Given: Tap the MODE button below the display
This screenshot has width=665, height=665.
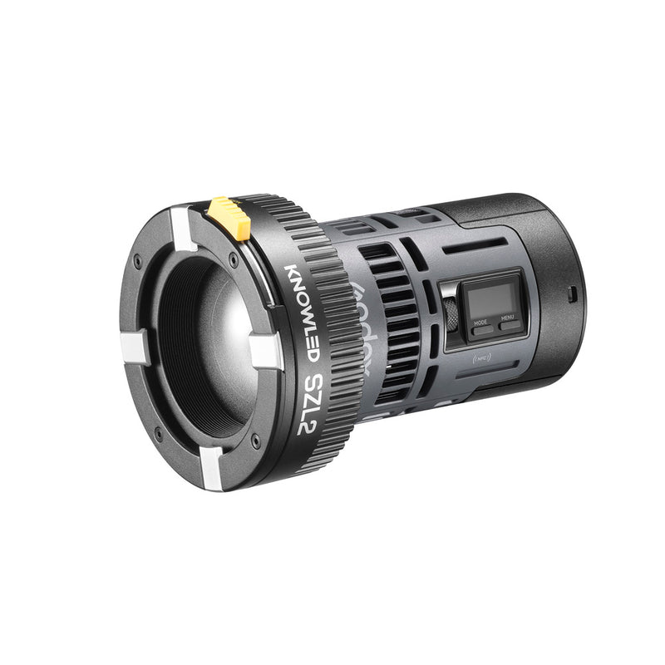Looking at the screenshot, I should tap(481, 329).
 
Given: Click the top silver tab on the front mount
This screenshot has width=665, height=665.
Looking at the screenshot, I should tap(182, 229).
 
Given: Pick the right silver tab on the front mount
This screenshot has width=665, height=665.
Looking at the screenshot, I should tap(264, 349).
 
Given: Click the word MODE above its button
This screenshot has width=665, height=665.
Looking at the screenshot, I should tap(480, 320).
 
